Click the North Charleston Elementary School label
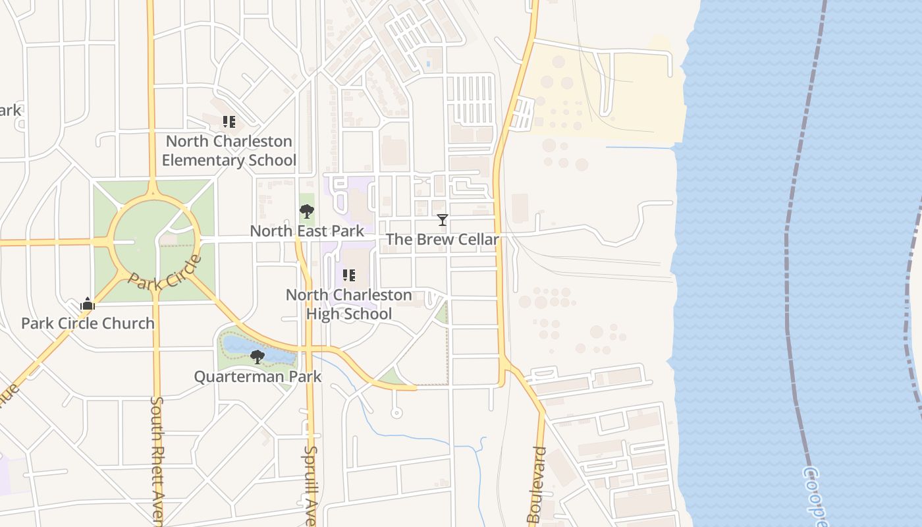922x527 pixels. (x=229, y=151)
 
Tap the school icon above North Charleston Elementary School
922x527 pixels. (x=229, y=122)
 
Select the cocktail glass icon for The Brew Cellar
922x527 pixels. (x=443, y=220)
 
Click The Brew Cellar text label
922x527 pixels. (x=443, y=239)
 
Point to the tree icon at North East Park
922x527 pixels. (x=306, y=211)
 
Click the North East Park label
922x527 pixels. (x=307, y=231)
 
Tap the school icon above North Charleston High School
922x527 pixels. (x=349, y=275)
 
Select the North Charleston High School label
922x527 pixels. (x=349, y=304)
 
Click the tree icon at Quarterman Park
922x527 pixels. (x=258, y=357)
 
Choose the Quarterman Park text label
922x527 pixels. (x=258, y=376)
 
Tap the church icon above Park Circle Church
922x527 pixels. (x=88, y=304)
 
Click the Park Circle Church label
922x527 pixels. (x=88, y=323)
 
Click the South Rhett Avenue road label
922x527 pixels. (x=157, y=461)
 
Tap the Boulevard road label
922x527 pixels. (x=537, y=484)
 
